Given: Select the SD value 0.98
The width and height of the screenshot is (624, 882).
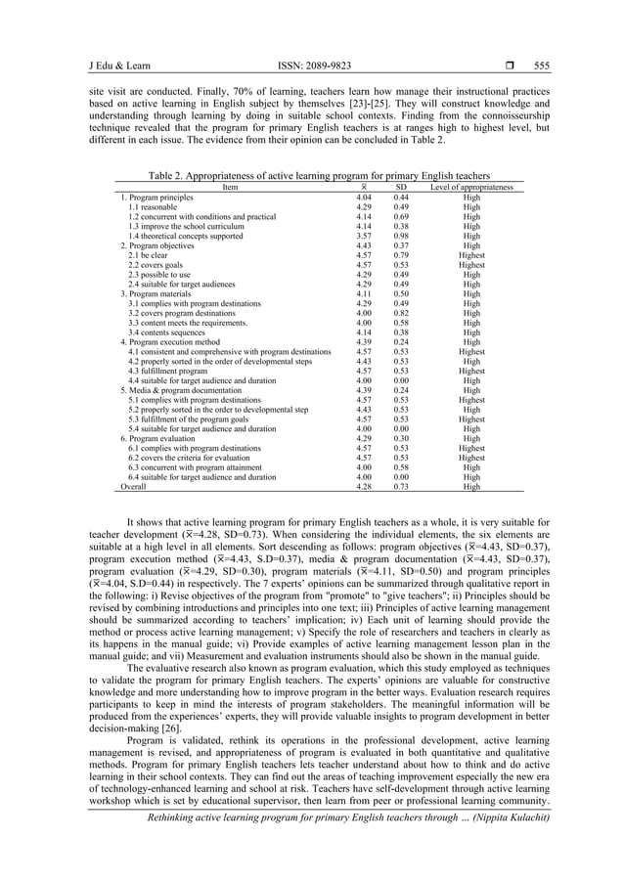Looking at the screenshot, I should (401, 236).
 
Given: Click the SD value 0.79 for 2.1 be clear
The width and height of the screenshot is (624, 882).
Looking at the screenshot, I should (401, 255).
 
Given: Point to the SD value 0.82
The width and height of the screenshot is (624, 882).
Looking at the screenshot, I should (401, 312).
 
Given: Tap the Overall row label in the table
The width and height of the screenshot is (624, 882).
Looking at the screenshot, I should (133, 485).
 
